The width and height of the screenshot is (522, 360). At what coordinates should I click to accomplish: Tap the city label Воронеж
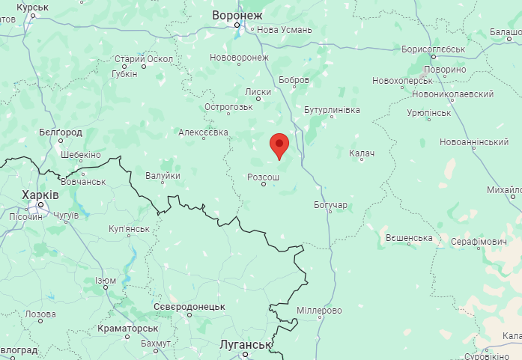pyautogui.click(x=237, y=15)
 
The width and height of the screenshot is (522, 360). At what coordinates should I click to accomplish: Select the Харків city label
pyautogui.click(x=41, y=195)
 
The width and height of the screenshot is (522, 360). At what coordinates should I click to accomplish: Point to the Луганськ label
pyautogui.click(x=244, y=344)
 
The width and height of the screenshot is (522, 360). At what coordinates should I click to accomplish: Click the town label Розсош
pyautogui.click(x=263, y=177)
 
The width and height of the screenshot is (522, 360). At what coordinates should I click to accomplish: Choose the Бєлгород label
pyautogui.click(x=60, y=132)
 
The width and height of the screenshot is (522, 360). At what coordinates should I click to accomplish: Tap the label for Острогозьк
pyautogui.click(x=228, y=107)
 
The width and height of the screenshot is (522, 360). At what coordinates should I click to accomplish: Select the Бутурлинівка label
pyautogui.click(x=332, y=110)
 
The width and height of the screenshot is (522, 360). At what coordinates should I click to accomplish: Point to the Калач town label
pyautogui.click(x=361, y=153)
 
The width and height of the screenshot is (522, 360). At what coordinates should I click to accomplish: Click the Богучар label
pyautogui.click(x=330, y=204)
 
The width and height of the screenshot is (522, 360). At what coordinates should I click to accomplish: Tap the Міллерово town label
pyautogui.click(x=319, y=310)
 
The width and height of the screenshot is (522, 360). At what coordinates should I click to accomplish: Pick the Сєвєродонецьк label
pyautogui.click(x=189, y=307)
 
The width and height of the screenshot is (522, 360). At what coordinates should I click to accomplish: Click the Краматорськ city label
pyautogui.click(x=127, y=328)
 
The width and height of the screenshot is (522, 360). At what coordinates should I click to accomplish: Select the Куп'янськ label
pyautogui.click(x=129, y=228)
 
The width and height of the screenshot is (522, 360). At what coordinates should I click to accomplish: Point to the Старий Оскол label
pyautogui.click(x=143, y=59)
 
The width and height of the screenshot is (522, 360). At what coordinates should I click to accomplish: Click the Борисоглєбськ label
pyautogui.click(x=434, y=49)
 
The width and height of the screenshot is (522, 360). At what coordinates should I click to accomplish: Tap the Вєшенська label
pyautogui.click(x=409, y=238)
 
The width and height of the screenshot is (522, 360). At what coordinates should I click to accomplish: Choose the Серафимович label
pyautogui.click(x=479, y=242)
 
